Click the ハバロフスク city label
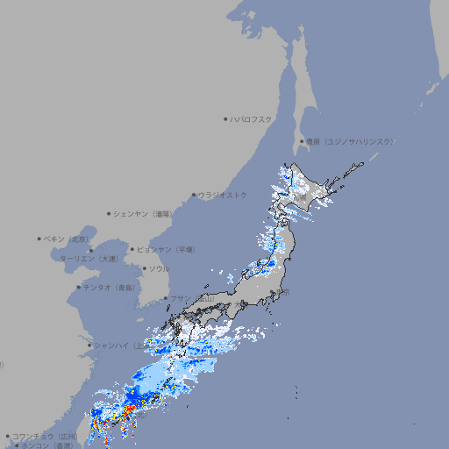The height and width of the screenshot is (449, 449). pos(251,119)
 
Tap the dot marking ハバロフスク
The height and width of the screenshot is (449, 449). pos(225,119)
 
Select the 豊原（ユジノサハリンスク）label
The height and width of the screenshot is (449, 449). pos(349,141)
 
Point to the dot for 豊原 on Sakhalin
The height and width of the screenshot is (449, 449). pos(302,141)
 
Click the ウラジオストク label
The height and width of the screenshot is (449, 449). pos(223,195)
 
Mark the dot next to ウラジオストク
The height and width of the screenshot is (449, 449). pos(194,196)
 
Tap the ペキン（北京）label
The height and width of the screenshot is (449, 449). pos(67,239)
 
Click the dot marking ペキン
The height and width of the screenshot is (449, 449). pos(39,239)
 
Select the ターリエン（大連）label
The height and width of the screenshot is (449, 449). pos(89,259)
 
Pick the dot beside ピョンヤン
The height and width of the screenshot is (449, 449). pos(132,249)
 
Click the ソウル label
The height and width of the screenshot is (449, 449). pos(159,268)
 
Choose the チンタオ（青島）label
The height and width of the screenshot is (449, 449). pos(110,287)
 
